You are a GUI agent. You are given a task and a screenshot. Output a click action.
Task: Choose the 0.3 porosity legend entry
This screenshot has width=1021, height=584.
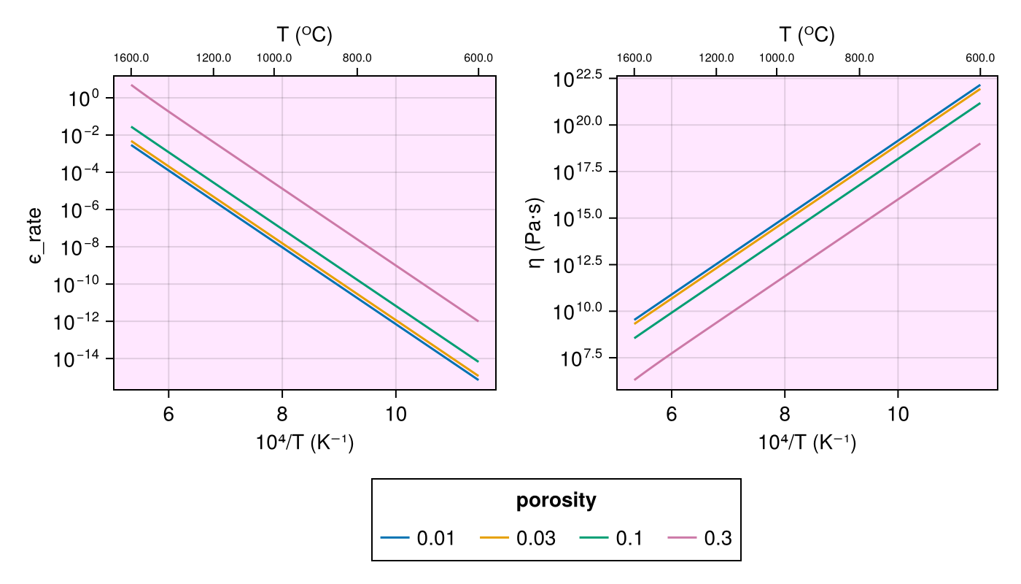click(x=700, y=539)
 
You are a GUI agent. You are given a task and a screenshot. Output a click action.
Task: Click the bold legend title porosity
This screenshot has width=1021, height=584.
click(x=556, y=501)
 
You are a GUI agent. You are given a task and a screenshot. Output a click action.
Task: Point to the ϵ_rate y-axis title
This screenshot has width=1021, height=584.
click(x=37, y=246)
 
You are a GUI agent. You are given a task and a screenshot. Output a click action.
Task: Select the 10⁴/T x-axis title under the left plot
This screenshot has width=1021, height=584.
click(x=305, y=442)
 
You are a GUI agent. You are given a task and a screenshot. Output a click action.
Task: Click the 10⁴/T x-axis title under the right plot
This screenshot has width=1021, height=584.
click(x=807, y=442)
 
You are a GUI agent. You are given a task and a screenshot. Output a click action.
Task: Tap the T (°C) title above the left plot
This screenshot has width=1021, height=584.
click(x=304, y=34)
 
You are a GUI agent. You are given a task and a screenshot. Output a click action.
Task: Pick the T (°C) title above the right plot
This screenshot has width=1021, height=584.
click(x=807, y=34)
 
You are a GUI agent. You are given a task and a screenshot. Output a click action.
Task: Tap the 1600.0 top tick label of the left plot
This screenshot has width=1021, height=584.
click(x=131, y=58)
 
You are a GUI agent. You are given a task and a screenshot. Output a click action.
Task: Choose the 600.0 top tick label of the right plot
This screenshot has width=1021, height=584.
click(x=980, y=58)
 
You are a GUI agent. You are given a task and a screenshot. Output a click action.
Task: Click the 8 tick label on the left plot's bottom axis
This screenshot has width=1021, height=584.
click(x=282, y=412)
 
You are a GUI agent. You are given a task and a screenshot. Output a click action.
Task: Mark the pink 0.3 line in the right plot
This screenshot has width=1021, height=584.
click(x=808, y=261)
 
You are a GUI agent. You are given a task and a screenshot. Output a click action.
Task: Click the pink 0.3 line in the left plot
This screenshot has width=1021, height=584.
click(x=305, y=203)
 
